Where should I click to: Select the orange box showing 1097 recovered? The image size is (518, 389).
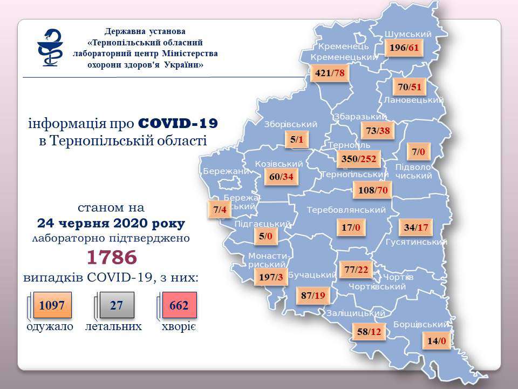coord(52,306)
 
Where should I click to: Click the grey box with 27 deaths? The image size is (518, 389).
coord(117,306)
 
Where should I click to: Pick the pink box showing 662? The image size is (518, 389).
coord(179,306)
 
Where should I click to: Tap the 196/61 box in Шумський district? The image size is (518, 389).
coord(404,48)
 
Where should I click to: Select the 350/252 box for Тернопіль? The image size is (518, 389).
coord(358,159)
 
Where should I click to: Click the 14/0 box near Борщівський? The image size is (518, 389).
coord(436,341)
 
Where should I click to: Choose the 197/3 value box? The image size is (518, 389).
coord(271,277)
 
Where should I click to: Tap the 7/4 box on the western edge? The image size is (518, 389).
coord(220,210)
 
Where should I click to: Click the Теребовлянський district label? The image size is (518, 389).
coord(346,210)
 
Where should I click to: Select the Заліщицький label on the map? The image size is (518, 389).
coord(360,313)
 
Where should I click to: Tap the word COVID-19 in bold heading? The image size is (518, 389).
coord(178,124)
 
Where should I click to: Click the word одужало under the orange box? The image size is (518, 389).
coord(49,327)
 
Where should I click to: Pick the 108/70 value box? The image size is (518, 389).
coord(370,190)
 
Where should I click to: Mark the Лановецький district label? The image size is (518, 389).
coord(414,100)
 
